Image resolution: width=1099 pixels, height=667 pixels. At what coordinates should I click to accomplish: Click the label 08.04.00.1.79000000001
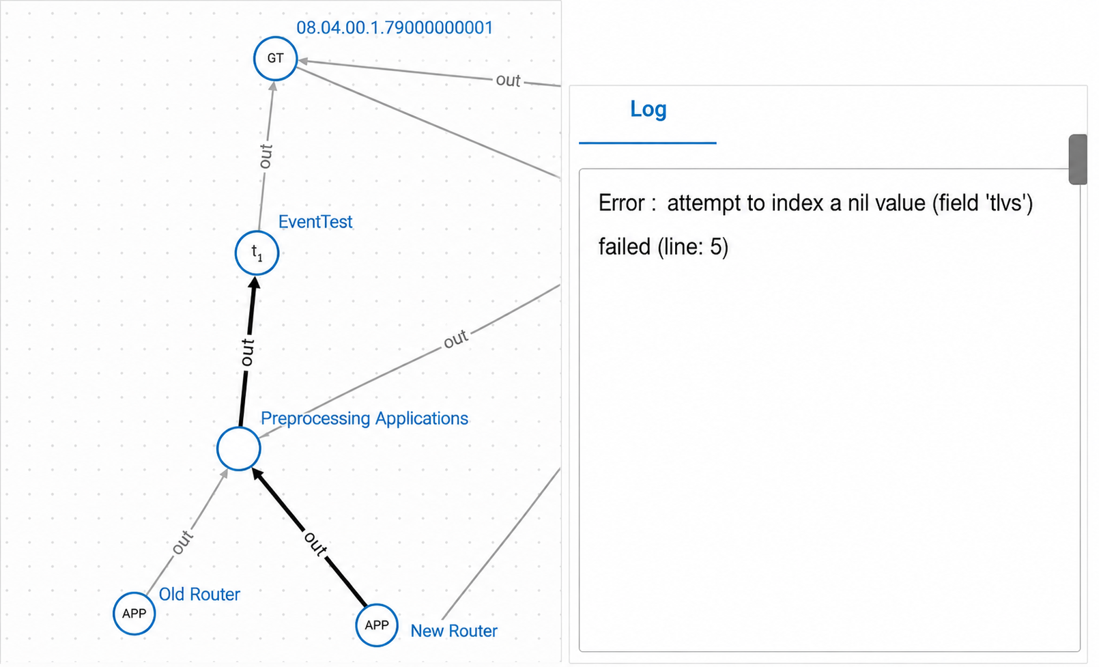[395, 27]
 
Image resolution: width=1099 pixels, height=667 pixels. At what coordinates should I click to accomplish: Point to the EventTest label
[315, 222]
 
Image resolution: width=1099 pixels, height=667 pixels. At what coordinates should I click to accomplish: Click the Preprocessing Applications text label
[365, 418]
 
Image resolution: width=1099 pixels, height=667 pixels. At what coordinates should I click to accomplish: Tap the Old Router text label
[200, 595]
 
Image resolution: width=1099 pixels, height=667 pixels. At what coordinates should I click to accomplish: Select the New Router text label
[454, 631]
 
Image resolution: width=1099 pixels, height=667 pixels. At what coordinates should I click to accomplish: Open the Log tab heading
[648, 109]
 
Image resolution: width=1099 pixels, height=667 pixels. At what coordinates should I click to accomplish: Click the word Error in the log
[622, 203]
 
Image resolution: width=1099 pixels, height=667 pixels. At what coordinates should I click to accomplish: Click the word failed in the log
[625, 246]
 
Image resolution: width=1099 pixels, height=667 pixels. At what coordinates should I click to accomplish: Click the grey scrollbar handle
[1077, 160]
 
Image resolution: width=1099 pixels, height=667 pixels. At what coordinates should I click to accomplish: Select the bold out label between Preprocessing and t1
[248, 352]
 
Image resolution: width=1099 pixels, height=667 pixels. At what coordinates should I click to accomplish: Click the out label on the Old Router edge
[183, 542]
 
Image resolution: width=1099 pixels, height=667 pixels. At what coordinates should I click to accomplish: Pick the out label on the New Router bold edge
[315, 544]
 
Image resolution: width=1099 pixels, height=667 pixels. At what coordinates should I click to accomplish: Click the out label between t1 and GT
[266, 156]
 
